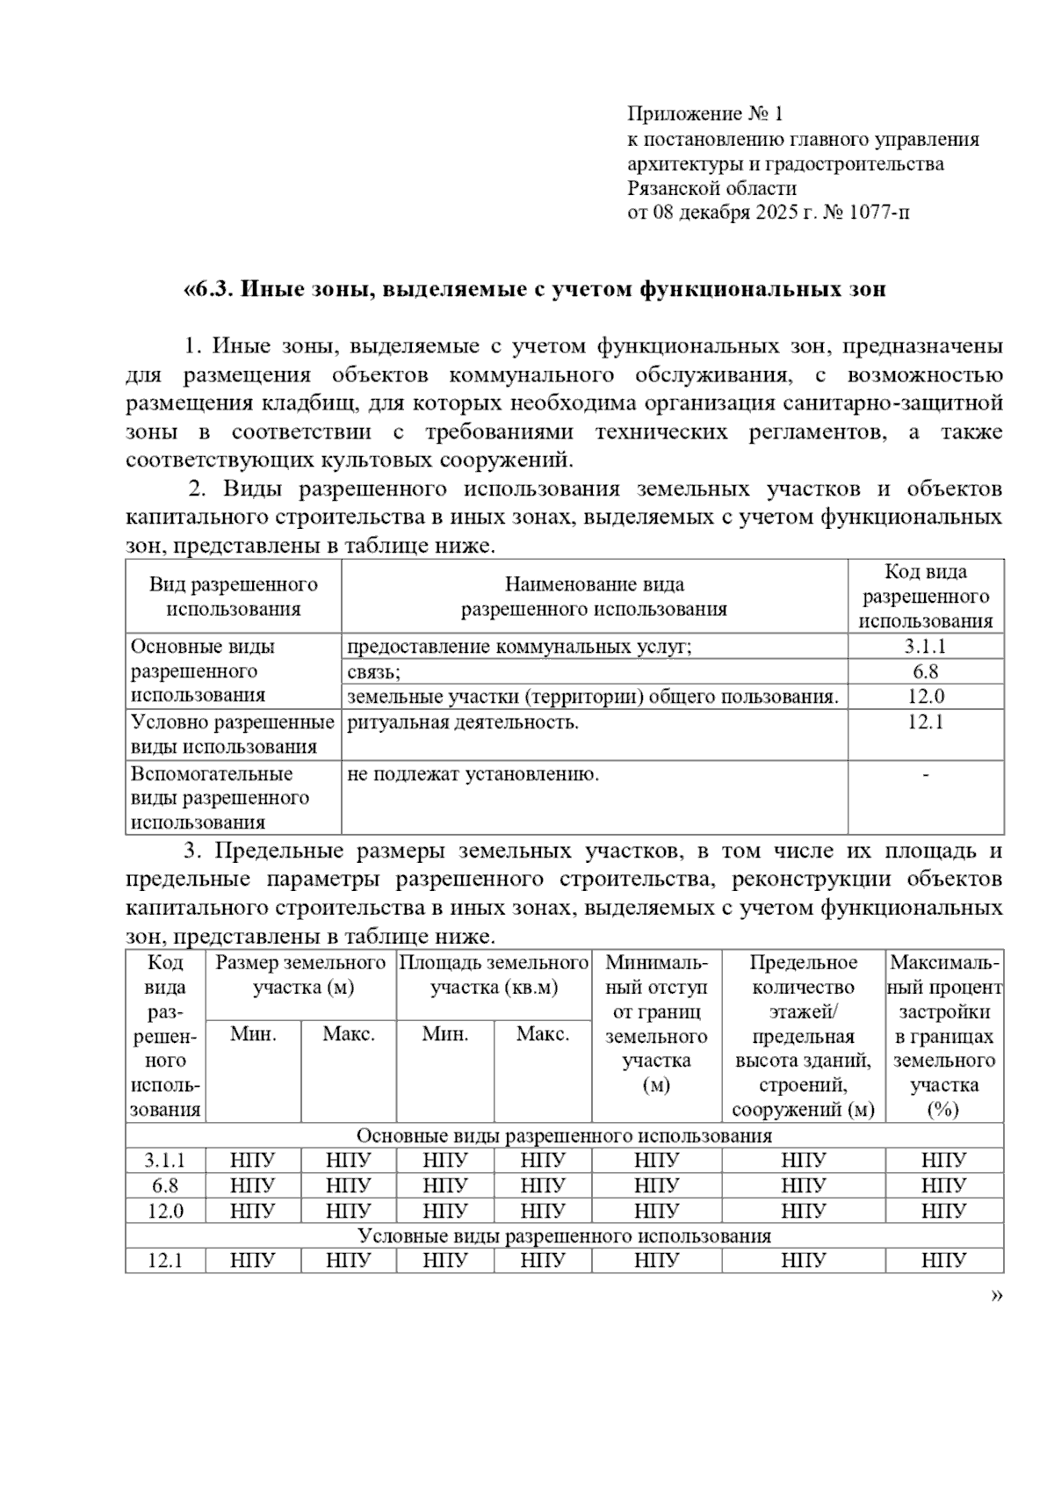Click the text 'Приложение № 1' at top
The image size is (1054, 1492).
point(704,113)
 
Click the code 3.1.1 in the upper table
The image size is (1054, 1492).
point(925,647)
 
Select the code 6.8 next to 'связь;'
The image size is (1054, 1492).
point(925,672)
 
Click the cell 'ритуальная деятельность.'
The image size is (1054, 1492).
point(463,723)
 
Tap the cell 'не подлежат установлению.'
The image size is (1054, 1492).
point(473,774)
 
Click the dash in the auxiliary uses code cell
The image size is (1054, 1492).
point(926,774)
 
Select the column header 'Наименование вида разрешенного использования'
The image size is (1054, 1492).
point(594,597)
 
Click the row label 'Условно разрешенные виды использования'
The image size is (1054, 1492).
point(232,735)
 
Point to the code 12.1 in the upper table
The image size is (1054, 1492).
point(925,722)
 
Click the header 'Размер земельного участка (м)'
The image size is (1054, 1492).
point(301,974)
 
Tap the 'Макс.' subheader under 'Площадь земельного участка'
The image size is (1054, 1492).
point(542,1034)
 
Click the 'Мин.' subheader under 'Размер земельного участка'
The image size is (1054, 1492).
point(253,1034)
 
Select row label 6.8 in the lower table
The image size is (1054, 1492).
point(165,1185)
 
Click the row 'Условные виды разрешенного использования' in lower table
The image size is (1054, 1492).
point(564,1236)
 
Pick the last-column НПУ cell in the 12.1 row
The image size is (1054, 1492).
point(943,1261)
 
